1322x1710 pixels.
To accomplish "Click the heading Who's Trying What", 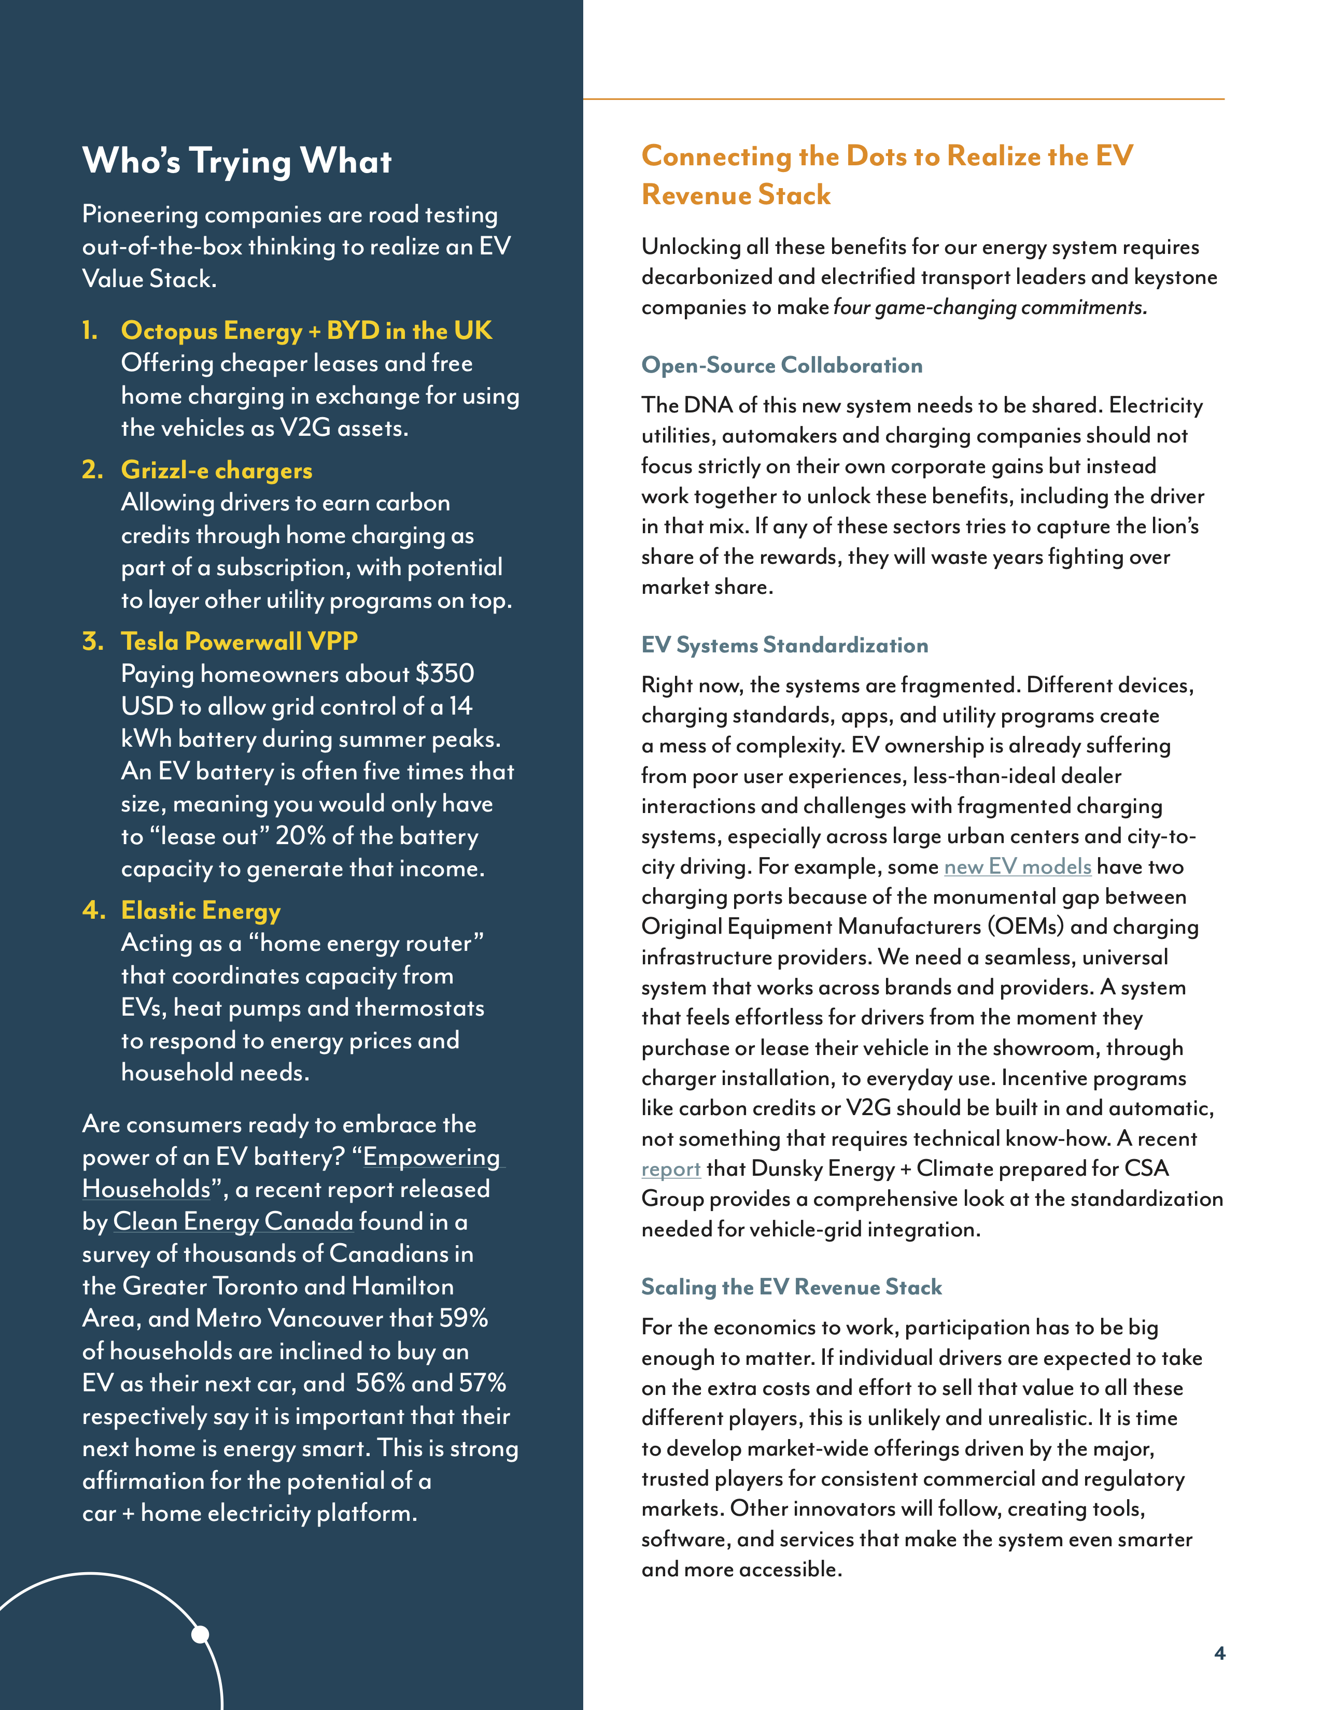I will pyautogui.click(x=236, y=161).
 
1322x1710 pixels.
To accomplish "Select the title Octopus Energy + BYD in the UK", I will pyautogui.click(x=306, y=331).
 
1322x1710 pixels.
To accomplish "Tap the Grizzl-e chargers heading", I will pyautogui.click(x=216, y=470).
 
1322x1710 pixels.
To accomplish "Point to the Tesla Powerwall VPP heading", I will pyautogui.click(x=239, y=642).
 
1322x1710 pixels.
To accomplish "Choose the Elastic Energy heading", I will pyautogui.click(x=201, y=910).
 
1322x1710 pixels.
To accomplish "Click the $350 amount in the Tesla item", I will pyautogui.click(x=444, y=673).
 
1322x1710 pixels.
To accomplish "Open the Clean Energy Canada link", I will pyautogui.click(x=233, y=1221).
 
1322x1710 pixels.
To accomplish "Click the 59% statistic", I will pyautogui.click(x=463, y=1319).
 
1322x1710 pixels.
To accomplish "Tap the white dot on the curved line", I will pyautogui.click(x=201, y=1634).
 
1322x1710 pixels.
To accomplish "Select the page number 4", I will pyautogui.click(x=1219, y=1653).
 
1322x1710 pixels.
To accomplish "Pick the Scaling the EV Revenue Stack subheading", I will pyautogui.click(x=791, y=1287).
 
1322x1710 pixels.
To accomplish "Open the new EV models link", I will pyautogui.click(x=1017, y=867).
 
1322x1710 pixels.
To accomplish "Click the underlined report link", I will pyautogui.click(x=670, y=1169).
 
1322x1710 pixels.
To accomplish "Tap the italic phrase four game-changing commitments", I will pyautogui.click(x=989, y=307).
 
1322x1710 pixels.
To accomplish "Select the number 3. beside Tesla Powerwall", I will pyautogui.click(x=92, y=642).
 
